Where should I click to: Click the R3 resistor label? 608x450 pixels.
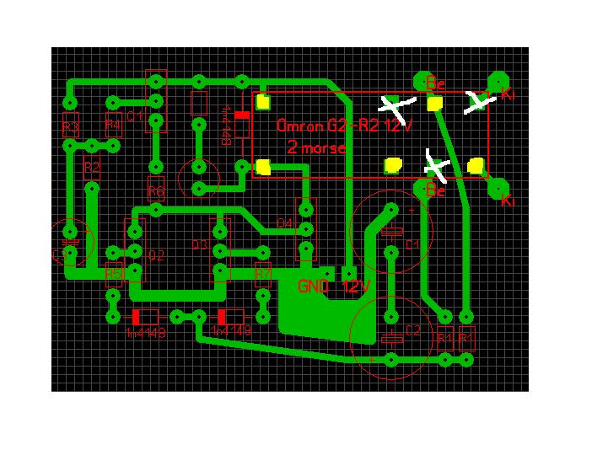pyautogui.click(x=70, y=128)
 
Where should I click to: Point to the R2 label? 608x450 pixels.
pyautogui.click(x=91, y=167)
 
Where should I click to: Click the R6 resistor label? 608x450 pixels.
pyautogui.click(x=155, y=191)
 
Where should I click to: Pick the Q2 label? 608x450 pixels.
pyautogui.click(x=156, y=254)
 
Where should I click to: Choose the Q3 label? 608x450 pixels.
pyautogui.click(x=200, y=244)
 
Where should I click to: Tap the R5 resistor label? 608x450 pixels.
pyautogui.click(x=113, y=273)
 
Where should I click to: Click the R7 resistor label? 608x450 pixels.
pyautogui.click(x=263, y=273)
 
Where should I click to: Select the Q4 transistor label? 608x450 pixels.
pyautogui.click(x=284, y=223)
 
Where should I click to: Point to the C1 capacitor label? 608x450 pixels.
pyautogui.click(x=412, y=244)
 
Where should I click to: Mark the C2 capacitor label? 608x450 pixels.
pyautogui.click(x=412, y=330)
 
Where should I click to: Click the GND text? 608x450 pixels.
pyautogui.click(x=313, y=287)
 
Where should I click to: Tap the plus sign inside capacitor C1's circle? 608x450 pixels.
pyautogui.click(x=412, y=209)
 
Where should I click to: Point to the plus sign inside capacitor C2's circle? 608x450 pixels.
pyautogui.click(x=371, y=359)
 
